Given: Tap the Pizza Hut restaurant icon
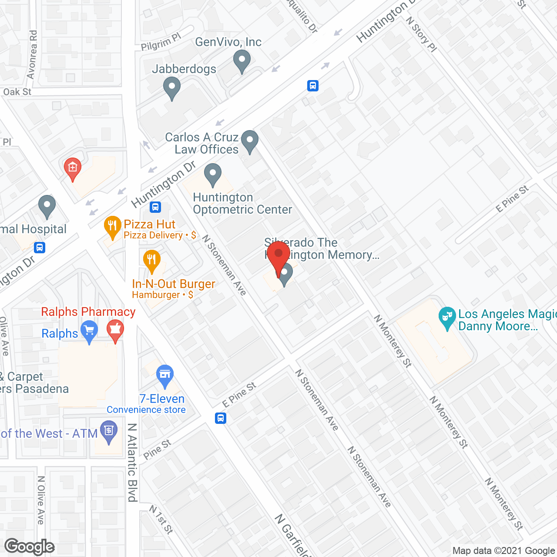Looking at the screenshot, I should click(x=113, y=226).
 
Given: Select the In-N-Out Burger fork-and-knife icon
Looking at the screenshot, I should click(x=151, y=261).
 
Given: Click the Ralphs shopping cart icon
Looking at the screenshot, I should click(x=89, y=331).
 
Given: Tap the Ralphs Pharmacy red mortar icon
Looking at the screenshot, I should click(x=115, y=330).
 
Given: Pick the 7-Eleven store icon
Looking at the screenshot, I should click(x=165, y=375).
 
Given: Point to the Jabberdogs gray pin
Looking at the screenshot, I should click(x=172, y=87).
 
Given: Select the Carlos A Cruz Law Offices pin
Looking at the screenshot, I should click(x=250, y=141).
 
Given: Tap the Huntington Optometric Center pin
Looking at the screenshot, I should click(x=212, y=174).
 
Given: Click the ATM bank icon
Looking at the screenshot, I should click(x=109, y=431).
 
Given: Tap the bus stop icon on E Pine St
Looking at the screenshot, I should click(x=221, y=419).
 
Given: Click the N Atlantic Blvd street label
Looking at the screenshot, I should click(x=133, y=462).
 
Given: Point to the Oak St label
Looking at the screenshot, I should click(x=17, y=92).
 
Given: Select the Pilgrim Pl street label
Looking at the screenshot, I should click(x=161, y=42).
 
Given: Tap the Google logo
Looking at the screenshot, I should click(x=30, y=547).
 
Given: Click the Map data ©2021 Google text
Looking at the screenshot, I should click(x=503, y=551).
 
